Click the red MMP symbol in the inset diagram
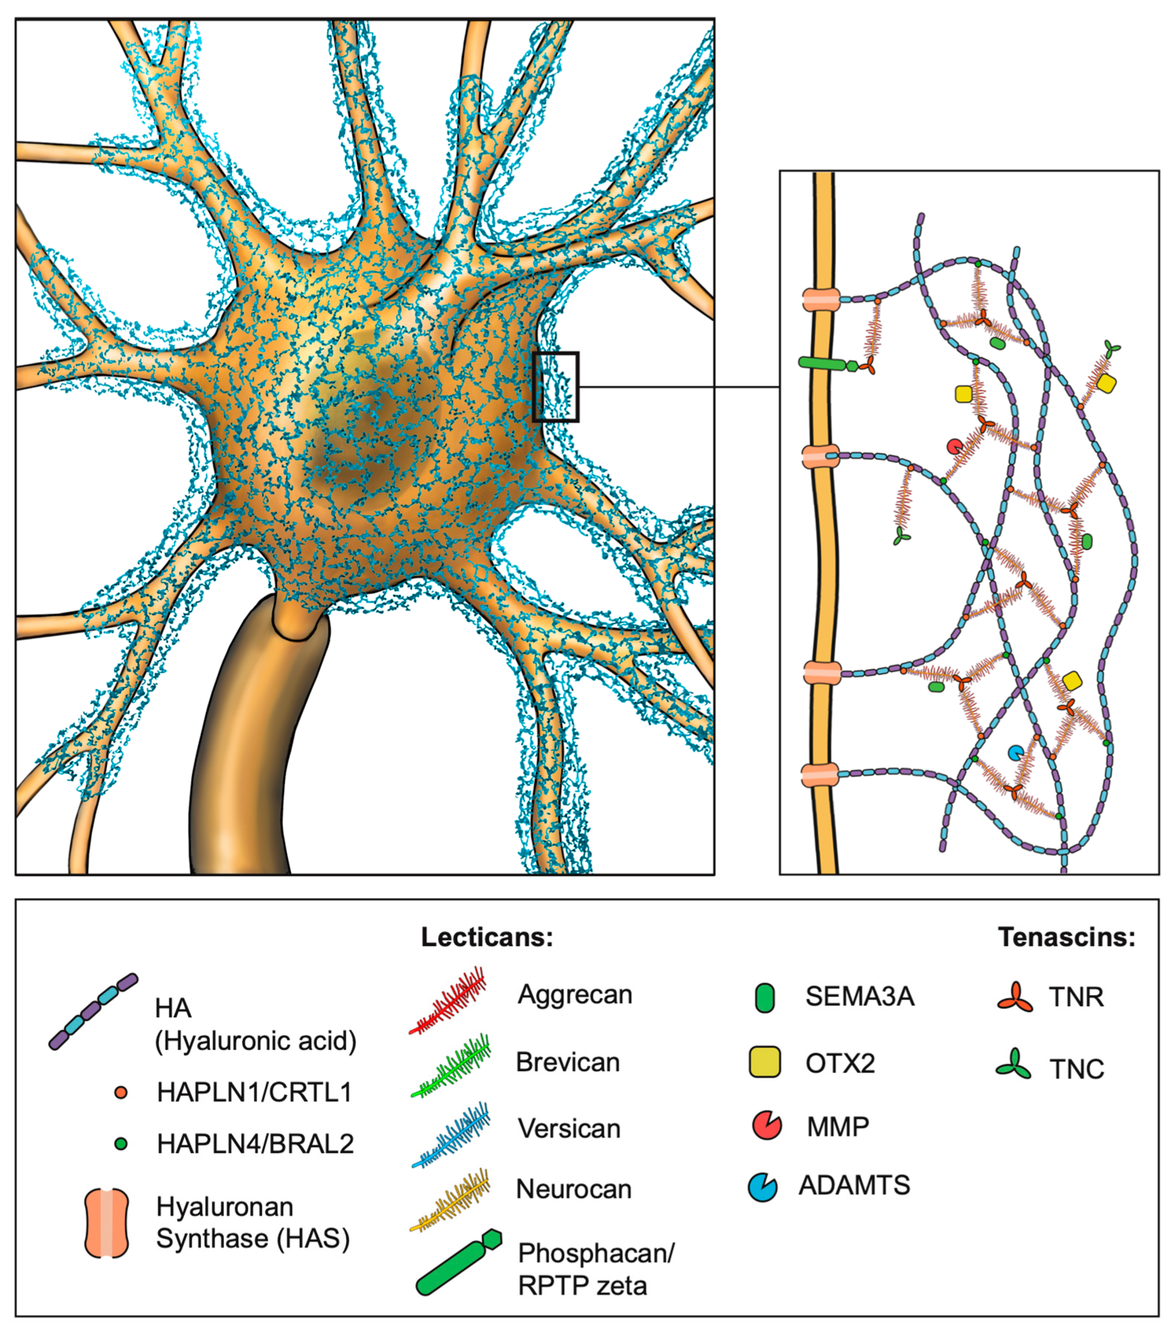(x=954, y=447)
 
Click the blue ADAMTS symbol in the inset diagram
(x=1016, y=753)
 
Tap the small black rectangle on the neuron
(x=555, y=387)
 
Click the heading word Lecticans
(x=486, y=938)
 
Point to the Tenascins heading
(x=1066, y=937)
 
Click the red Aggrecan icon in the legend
(x=449, y=999)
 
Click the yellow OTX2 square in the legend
(x=764, y=1063)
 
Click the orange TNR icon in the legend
(x=1015, y=997)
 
